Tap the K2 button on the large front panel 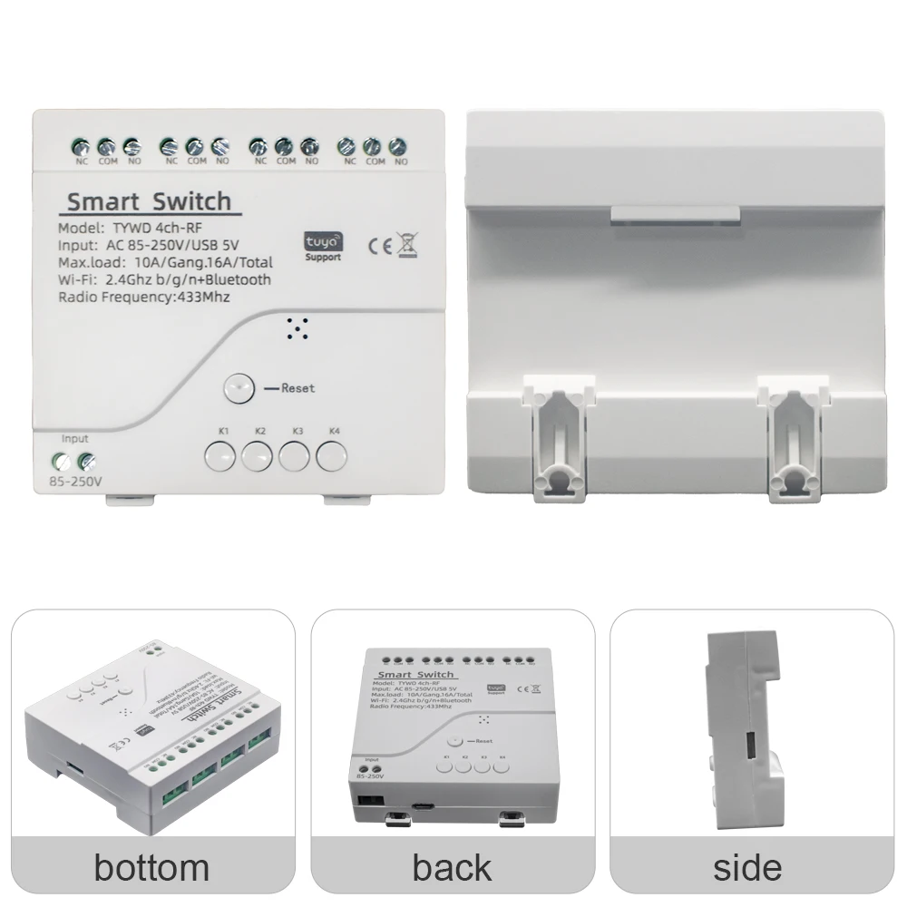(x=258, y=455)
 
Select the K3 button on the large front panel (x=295, y=455)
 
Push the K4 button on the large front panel (x=332, y=455)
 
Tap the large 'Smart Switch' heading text (x=150, y=200)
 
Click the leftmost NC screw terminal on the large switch (x=80, y=146)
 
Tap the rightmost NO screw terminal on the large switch (x=396, y=146)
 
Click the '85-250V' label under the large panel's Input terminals (x=80, y=481)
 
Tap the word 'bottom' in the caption (x=151, y=866)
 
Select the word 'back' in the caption (x=453, y=866)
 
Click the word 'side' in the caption (x=747, y=866)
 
